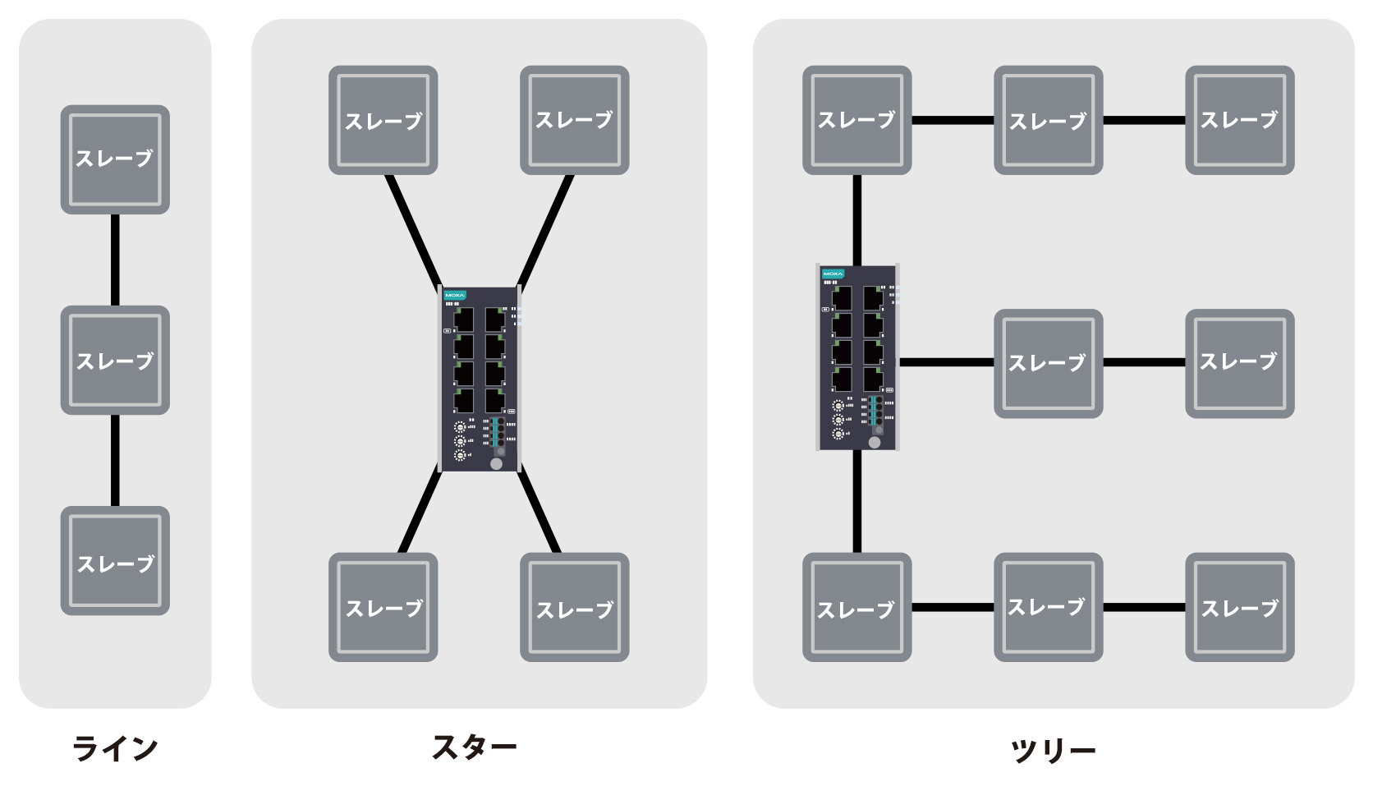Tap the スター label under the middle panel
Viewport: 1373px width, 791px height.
[x=474, y=747]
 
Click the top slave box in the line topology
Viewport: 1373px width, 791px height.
[x=115, y=159]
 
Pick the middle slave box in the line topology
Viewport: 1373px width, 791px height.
[x=115, y=360]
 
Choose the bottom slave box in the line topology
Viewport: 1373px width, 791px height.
[x=115, y=560]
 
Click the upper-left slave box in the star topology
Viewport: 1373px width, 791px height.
[x=383, y=120]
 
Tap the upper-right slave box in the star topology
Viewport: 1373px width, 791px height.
[x=574, y=120]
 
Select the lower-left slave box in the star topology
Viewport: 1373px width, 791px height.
[x=383, y=607]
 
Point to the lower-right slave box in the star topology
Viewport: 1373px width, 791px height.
[x=574, y=607]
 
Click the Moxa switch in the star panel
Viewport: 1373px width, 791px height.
[x=480, y=379]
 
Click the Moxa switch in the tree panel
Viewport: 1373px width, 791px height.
[x=857, y=357]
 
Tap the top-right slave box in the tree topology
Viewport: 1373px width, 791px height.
[x=1239, y=120]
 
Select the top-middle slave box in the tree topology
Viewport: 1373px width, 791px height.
[x=1048, y=120]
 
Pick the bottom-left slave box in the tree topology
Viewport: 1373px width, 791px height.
[x=856, y=607]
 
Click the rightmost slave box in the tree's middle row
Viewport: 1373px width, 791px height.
[x=1239, y=363]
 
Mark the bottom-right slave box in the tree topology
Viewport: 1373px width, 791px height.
[x=1239, y=607]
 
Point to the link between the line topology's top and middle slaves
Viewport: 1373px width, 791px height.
[x=115, y=260]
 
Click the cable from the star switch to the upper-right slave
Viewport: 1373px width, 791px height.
[x=545, y=230]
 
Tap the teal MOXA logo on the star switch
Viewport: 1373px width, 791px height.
[x=454, y=295]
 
